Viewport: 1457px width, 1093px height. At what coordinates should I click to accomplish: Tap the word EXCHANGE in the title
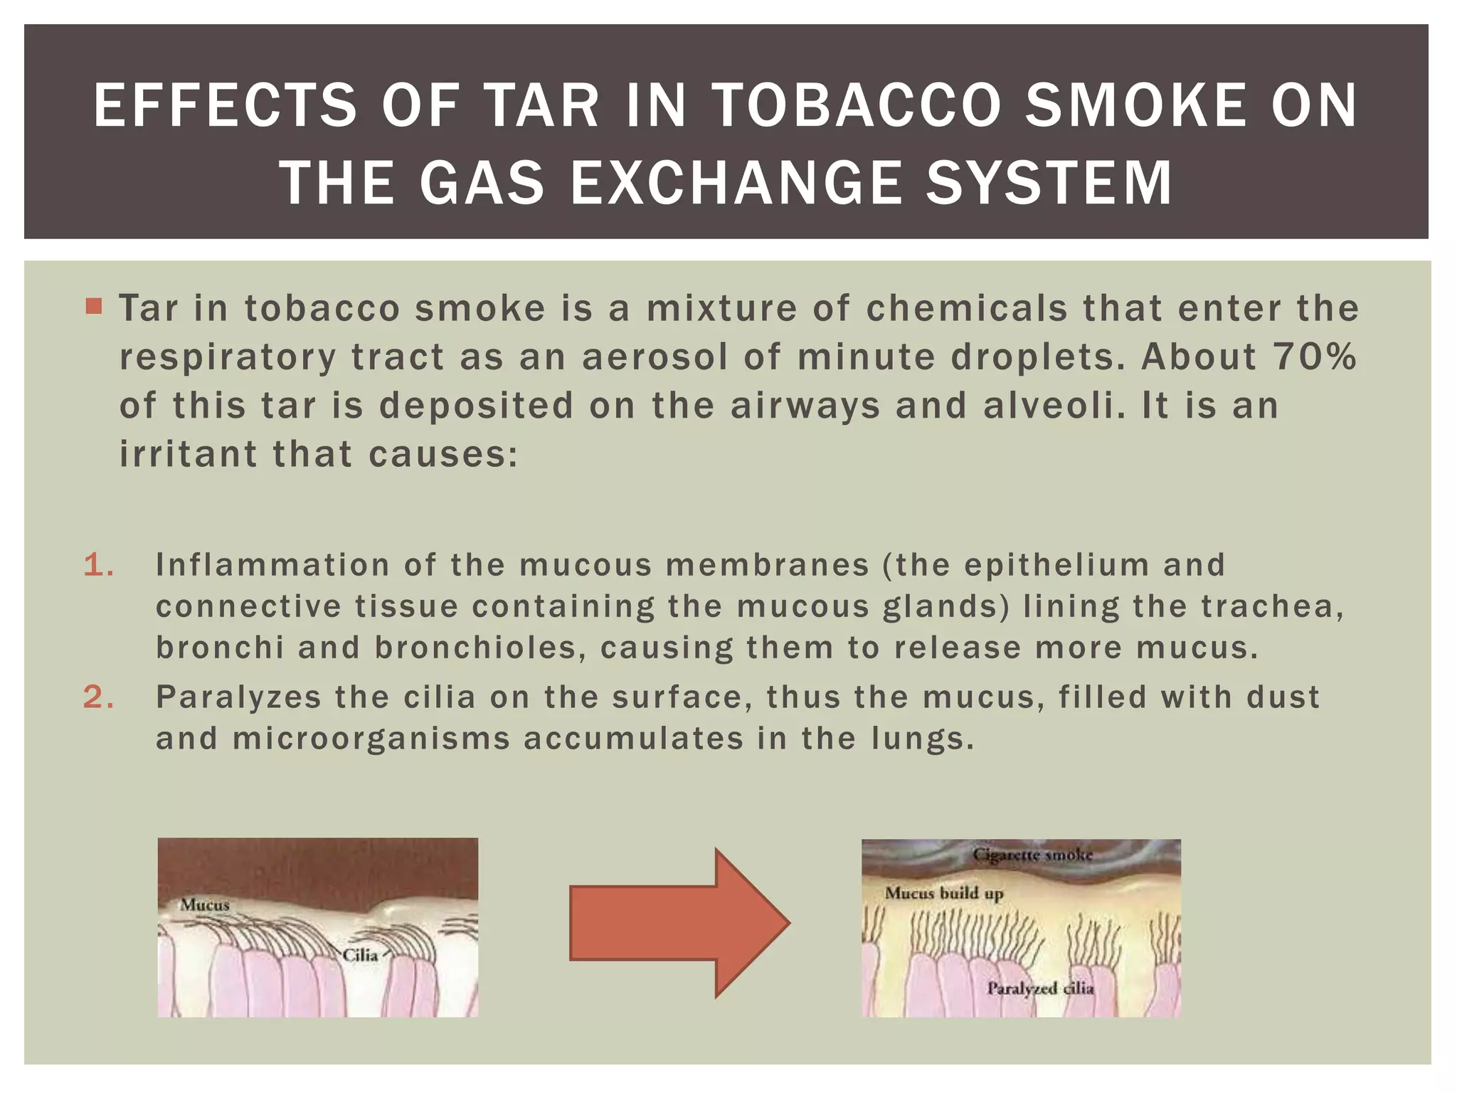pos(734,183)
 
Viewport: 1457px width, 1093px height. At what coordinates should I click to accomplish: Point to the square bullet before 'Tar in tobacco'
pos(93,307)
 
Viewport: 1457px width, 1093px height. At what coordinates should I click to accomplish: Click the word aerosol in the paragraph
pos(655,357)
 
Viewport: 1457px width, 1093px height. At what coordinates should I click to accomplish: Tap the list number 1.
pos(98,565)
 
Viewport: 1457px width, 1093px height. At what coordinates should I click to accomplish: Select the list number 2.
pos(98,697)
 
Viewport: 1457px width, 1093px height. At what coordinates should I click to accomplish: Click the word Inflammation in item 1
pos(272,565)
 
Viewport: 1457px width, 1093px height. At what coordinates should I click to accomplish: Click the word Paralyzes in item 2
pos(238,697)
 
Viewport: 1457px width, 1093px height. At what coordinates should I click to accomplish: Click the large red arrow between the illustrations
pos(679,923)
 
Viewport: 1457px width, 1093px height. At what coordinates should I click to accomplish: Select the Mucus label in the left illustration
pos(205,905)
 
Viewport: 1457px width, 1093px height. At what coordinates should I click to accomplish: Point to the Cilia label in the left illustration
pos(360,955)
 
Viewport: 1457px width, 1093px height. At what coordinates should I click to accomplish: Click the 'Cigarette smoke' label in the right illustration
pos(1032,855)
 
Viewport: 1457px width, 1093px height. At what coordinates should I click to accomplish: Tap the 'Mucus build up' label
pos(944,893)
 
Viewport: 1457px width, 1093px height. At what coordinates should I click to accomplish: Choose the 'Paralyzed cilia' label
pos(1040,988)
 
